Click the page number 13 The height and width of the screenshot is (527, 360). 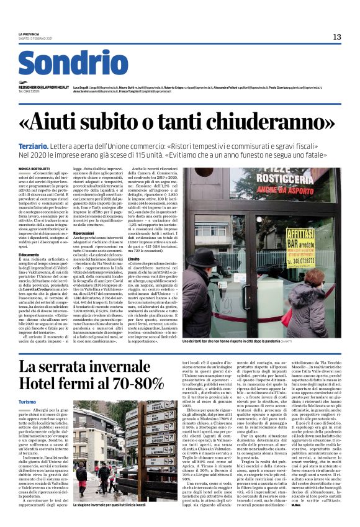[337, 37]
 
